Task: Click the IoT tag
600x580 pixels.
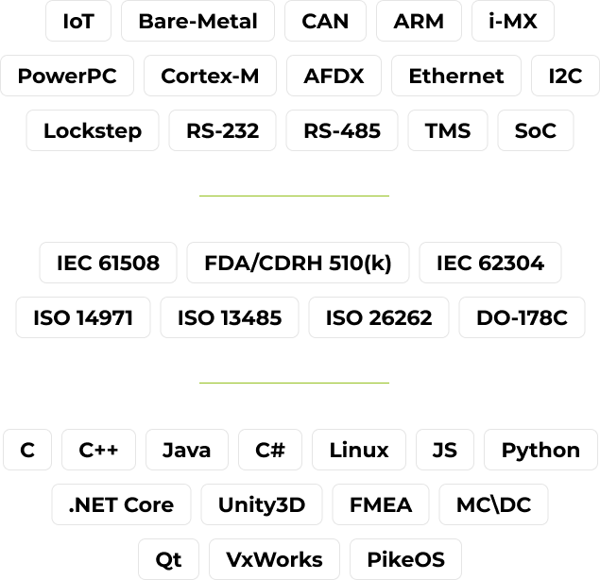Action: tap(78, 21)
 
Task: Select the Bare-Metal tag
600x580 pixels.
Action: tap(197, 21)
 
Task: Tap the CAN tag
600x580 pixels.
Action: tap(325, 21)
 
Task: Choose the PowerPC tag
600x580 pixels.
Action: tap(67, 76)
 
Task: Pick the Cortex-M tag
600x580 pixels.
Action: tap(210, 76)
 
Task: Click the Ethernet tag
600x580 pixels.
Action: tap(456, 76)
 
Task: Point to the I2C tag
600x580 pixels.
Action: tap(565, 76)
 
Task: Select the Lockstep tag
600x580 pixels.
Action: tap(93, 130)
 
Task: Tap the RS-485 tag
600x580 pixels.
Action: tap(342, 130)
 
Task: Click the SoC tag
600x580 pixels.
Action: tap(536, 130)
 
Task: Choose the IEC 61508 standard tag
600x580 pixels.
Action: tap(108, 263)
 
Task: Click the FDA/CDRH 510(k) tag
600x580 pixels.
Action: tap(298, 263)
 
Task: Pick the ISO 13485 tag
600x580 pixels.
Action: tap(230, 317)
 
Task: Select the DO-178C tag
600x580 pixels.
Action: tap(522, 317)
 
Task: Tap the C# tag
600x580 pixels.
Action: tap(270, 450)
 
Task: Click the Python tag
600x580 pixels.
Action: tap(540, 450)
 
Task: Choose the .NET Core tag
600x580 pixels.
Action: tap(121, 504)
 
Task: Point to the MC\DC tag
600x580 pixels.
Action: tap(493, 504)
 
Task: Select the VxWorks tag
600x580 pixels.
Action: tap(274, 559)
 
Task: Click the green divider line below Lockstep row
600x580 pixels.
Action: tap(294, 196)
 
